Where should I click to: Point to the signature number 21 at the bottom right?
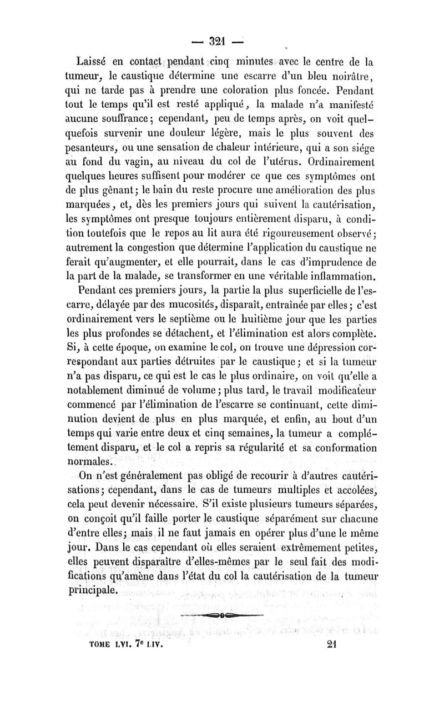point(334,646)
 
